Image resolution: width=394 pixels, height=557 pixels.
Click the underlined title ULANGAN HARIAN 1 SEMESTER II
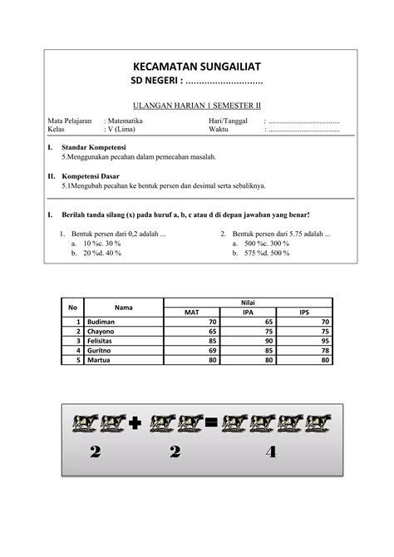point(197,106)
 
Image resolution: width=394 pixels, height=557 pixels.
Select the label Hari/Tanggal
point(226,121)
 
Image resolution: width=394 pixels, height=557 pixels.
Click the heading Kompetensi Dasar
point(91,176)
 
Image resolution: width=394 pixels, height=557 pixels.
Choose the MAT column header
point(192,313)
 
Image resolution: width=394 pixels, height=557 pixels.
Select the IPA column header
point(248,313)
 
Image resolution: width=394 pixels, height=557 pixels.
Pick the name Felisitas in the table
point(103,341)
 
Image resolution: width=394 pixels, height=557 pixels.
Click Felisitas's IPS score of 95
point(324,341)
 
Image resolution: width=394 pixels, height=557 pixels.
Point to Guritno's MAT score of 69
point(212,351)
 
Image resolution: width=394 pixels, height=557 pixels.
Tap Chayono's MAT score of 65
point(212,332)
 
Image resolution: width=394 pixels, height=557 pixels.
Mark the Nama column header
point(124,308)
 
